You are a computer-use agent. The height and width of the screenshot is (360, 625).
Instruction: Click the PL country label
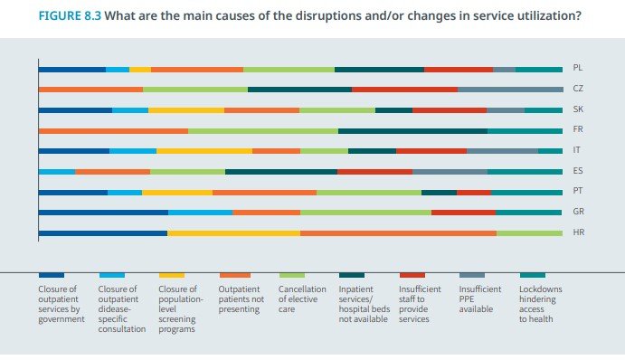[578, 68]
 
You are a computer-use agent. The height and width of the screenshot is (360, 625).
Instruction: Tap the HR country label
[578, 232]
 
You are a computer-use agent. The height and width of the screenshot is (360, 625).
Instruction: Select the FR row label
[578, 129]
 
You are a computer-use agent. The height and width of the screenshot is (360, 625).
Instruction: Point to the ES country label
[578, 171]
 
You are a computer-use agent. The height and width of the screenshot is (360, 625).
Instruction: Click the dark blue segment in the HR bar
[103, 233]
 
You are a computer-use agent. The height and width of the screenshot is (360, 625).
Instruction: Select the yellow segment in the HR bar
[234, 233]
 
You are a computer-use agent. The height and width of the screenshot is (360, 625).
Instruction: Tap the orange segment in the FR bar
[114, 131]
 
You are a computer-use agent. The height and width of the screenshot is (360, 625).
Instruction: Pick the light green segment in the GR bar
[366, 213]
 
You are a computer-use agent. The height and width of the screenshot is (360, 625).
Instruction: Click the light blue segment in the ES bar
[57, 172]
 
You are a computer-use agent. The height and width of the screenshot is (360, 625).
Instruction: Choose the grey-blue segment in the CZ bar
[510, 90]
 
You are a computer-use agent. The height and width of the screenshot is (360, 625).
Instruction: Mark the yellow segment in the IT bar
[204, 151]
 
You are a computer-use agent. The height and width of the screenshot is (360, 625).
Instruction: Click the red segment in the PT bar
[474, 193]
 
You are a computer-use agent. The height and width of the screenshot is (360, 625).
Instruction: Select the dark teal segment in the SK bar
[393, 110]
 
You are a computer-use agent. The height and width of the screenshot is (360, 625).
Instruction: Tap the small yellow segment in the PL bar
[140, 70]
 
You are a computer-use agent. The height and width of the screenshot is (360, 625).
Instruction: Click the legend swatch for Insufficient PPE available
[472, 275]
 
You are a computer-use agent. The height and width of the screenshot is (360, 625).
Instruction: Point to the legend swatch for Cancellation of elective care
[292, 275]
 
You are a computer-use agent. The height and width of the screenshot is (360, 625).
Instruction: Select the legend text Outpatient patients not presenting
[241, 299]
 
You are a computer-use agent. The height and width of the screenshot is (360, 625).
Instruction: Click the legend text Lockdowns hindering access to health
[540, 304]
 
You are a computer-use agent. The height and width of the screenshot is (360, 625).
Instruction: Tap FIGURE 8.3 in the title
[70, 15]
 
